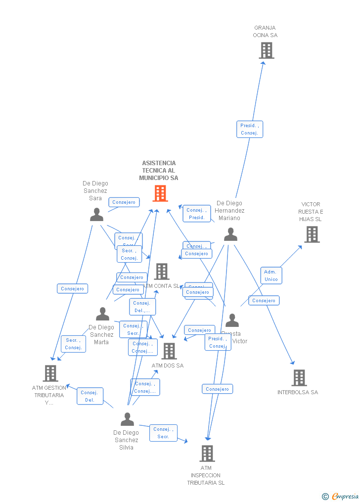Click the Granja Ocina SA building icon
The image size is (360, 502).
266,50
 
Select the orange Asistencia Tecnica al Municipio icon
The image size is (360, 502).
160,193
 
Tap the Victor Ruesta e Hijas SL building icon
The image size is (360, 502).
312,234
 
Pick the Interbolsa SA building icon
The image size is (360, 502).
299,378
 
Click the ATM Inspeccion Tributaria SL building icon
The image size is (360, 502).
207,453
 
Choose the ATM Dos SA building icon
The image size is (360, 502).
169,351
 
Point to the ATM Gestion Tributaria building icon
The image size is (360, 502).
50,373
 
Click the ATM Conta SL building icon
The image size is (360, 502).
162,272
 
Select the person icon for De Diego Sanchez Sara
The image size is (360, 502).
97,214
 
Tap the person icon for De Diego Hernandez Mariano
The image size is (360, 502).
230,234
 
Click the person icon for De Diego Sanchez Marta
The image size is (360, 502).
102,314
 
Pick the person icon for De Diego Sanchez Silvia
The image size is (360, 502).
127,419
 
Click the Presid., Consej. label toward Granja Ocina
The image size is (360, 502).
249,129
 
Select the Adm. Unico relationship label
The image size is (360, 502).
271,275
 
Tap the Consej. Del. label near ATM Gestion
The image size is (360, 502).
90,396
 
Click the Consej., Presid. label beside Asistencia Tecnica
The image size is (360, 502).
196,214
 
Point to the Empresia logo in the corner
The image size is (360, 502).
341,496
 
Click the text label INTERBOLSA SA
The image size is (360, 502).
298,393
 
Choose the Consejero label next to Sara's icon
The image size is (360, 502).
124,202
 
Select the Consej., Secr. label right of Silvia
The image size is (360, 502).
163,433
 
